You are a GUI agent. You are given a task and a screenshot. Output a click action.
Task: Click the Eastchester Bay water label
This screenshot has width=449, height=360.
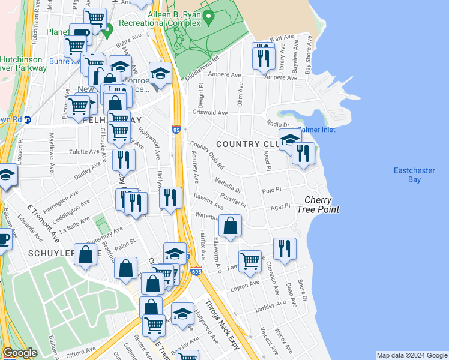pyautogui.click(x=414, y=175)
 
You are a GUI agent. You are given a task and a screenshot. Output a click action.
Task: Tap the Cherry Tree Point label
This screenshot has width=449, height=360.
pyautogui.click(x=322, y=205)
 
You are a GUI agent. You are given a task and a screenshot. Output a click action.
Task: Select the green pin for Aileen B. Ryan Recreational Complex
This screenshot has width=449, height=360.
pyautogui.click(x=208, y=17)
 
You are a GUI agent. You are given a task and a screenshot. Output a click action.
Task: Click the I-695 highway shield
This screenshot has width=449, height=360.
pyautogui.click(x=196, y=272)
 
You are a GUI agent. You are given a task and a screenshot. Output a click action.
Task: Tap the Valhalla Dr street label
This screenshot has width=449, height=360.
pyautogui.click(x=227, y=186)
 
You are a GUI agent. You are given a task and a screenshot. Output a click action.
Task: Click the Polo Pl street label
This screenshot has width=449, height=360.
pyautogui.click(x=271, y=190)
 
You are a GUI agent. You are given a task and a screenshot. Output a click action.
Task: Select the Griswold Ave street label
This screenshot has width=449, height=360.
pyautogui.click(x=210, y=113)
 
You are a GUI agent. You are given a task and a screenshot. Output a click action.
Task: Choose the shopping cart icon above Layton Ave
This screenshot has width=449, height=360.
pyautogui.click(x=250, y=260)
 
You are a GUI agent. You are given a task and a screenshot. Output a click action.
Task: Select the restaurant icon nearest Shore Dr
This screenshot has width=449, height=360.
pyautogui.click(x=285, y=248)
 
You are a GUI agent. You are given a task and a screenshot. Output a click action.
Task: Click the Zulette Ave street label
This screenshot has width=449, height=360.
pyautogui.click(x=86, y=151)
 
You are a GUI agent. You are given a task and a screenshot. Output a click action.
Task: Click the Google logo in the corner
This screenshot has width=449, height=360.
pyautogui.click(x=20, y=353)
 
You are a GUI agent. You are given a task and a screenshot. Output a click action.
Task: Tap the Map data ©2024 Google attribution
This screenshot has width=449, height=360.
pyautogui.click(x=411, y=355)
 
